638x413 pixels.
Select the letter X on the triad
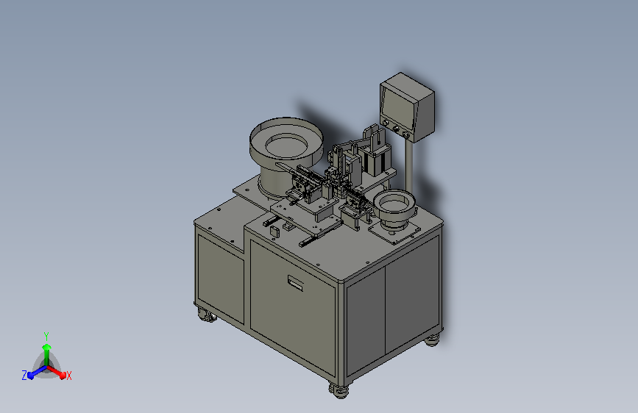click(x=68, y=376)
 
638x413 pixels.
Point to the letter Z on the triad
click(x=24, y=376)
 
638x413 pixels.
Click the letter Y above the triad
click(x=46, y=337)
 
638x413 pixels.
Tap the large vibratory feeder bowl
click(x=286, y=151)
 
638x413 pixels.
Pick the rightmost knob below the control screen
click(x=405, y=134)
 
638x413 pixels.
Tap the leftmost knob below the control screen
click(x=385, y=122)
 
